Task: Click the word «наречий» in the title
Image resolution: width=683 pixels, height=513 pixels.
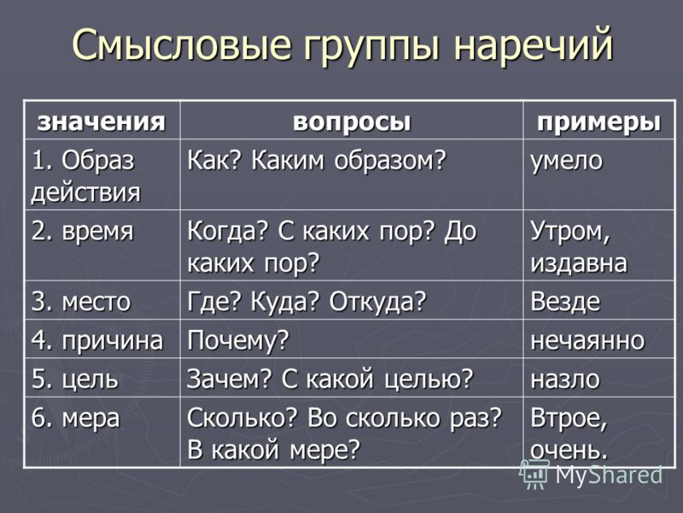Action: (x=533, y=44)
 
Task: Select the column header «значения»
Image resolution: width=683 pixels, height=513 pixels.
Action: (x=102, y=121)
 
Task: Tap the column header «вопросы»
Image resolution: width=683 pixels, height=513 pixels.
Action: (x=352, y=122)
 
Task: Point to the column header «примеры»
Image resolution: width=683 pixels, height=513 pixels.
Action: (x=599, y=122)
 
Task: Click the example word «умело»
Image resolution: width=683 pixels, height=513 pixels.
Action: (x=566, y=161)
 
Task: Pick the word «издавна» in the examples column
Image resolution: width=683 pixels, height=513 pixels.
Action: (x=579, y=263)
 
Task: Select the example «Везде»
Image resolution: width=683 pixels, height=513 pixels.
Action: (x=565, y=302)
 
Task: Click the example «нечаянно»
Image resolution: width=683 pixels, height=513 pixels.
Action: (x=587, y=340)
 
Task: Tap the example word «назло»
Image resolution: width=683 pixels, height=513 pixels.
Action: (x=565, y=380)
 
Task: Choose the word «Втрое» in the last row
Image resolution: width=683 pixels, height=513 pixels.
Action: (x=566, y=418)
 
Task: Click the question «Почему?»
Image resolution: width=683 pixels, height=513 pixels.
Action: (x=238, y=340)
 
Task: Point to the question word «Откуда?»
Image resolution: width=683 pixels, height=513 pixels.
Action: (x=377, y=302)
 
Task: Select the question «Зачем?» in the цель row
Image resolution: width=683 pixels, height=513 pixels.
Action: (x=229, y=379)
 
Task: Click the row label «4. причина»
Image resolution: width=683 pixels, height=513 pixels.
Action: (x=97, y=340)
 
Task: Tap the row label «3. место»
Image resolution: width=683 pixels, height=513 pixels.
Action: (x=81, y=302)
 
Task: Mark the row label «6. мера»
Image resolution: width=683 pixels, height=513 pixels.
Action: (x=75, y=419)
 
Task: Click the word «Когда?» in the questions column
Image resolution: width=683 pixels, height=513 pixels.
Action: (x=226, y=231)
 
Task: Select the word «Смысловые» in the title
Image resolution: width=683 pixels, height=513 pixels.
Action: (x=182, y=44)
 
